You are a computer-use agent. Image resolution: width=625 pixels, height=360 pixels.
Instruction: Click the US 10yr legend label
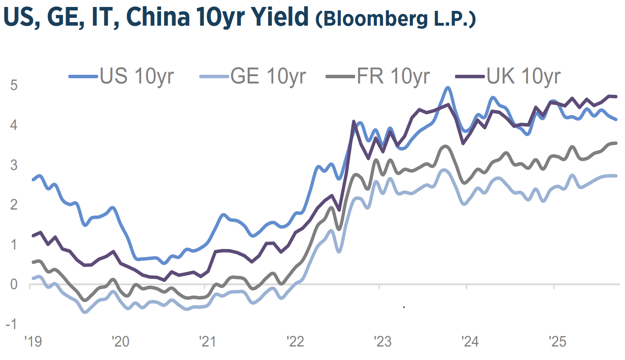coord(136,77)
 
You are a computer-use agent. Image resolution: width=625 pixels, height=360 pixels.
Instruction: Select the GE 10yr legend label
coord(268,77)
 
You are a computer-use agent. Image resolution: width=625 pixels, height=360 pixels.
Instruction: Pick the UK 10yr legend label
coord(523,77)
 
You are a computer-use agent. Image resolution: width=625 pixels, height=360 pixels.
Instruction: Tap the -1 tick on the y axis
coord(11,324)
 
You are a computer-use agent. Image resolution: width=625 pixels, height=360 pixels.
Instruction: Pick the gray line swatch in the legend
coord(340,77)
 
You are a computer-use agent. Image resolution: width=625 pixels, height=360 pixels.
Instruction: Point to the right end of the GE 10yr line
coord(616,176)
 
